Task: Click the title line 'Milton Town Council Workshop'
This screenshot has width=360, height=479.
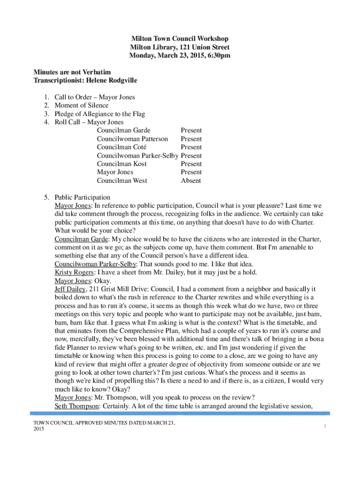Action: coord(180,39)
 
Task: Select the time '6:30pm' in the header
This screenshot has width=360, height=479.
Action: coord(219,56)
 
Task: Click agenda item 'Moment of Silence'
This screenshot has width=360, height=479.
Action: coord(81,106)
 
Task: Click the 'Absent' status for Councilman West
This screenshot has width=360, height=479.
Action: coord(191,181)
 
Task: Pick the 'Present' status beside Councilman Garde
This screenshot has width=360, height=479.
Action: coord(191,131)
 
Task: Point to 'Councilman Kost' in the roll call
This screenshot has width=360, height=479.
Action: coord(122,164)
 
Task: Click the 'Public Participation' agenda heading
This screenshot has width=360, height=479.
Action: coord(82,197)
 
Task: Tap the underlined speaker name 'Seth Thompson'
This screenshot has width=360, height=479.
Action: coord(76,406)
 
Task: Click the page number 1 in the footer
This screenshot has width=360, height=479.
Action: coord(324,426)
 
